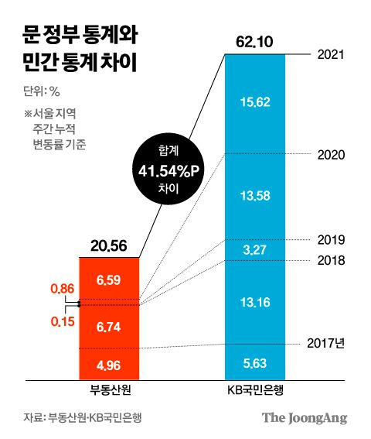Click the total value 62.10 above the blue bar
coord(254,40)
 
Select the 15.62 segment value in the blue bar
coord(254,101)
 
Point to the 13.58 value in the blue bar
coord(254,194)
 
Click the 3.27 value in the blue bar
coord(254,249)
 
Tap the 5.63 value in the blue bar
coord(254,363)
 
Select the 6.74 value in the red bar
coord(108,328)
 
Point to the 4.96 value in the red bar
coord(108,363)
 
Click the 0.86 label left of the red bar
coord(62,289)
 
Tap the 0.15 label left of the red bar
coord(62,320)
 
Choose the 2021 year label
coord(331,56)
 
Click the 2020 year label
coord(331,154)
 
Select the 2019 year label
coord(331,239)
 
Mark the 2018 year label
coord(331,260)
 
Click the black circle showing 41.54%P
coord(168,169)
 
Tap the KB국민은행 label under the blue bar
coord(254,390)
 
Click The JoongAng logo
coord(304,418)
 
